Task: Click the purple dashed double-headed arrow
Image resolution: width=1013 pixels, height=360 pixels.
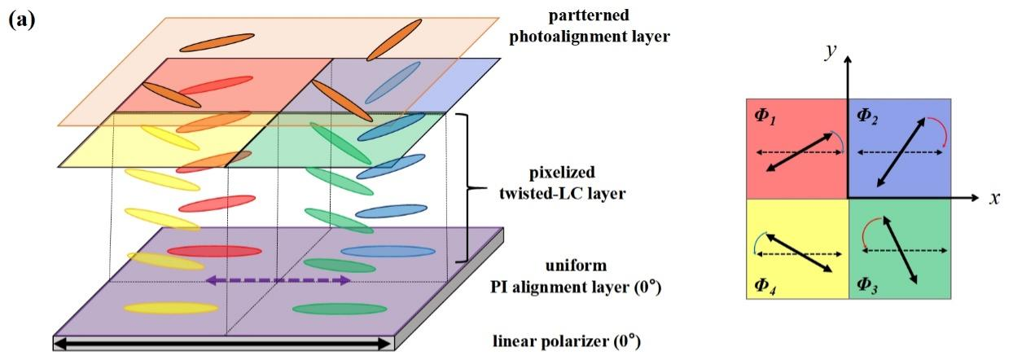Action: point(278,280)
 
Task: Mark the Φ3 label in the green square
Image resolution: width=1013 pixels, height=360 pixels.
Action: point(868,285)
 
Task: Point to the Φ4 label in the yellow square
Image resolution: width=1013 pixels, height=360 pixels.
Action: point(765,285)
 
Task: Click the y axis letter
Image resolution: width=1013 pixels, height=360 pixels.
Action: point(831,50)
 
